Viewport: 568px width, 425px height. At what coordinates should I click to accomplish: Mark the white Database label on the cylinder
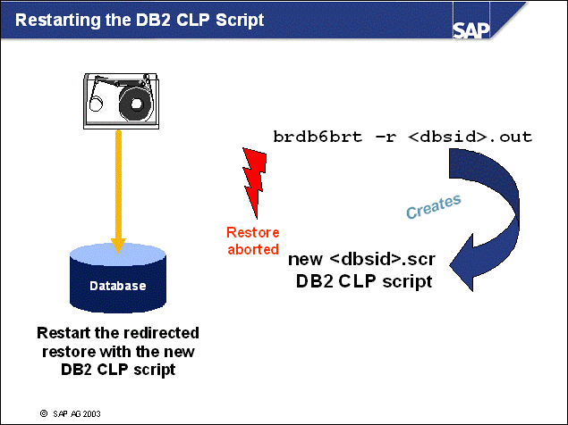point(117,287)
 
